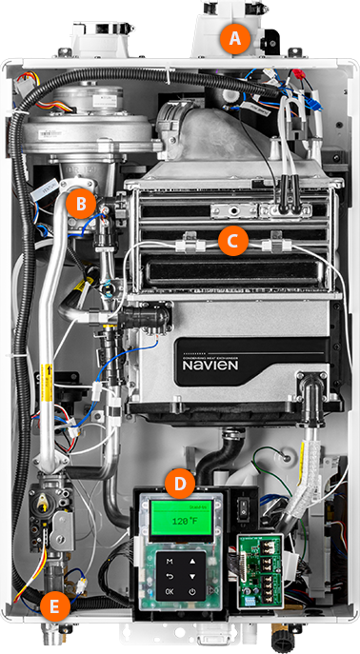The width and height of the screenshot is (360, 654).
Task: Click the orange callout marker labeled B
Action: pos(82,202)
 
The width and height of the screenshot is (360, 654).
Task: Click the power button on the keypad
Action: pos(192,591)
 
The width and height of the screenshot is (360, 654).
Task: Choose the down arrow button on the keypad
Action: pos(192,577)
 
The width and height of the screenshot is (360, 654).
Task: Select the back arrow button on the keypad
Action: pos(170,577)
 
